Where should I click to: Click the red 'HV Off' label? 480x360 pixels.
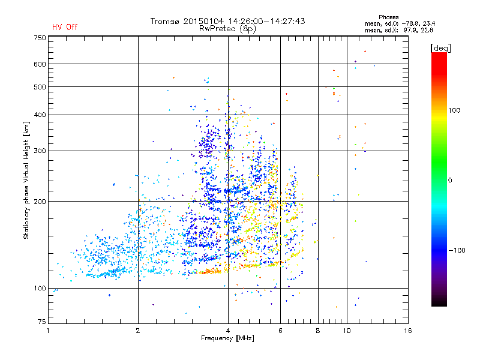click(65, 27)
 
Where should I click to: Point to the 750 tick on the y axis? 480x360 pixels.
click(40, 38)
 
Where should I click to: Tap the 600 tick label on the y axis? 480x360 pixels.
click(40, 64)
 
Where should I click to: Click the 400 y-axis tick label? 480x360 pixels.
click(40, 115)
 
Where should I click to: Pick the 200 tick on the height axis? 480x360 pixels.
click(40, 202)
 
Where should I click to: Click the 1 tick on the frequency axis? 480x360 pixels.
click(49, 331)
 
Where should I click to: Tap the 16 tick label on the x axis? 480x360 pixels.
click(408, 331)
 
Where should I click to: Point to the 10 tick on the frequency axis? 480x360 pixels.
click(347, 331)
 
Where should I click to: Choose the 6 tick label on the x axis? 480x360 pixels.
click(280, 331)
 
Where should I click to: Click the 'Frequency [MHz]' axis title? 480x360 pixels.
click(228, 339)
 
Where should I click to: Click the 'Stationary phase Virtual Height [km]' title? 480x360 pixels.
click(26, 180)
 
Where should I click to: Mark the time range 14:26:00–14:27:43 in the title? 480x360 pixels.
click(265, 21)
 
